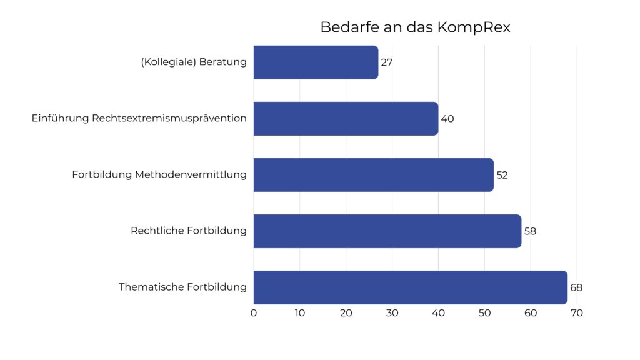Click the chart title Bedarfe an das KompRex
(x=415, y=27)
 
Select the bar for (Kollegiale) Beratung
(x=316, y=62)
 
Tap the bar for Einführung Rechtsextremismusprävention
(x=346, y=119)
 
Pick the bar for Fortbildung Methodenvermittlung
(x=373, y=175)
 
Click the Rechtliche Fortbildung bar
(x=387, y=231)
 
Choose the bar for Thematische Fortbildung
(x=410, y=287)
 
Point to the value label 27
(x=386, y=62)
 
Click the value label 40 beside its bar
(x=447, y=119)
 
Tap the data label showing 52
(x=502, y=175)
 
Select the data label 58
(x=530, y=231)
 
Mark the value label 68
(x=576, y=287)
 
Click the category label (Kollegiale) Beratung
(x=194, y=62)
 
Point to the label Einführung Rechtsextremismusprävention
(x=139, y=118)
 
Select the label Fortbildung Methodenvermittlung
(x=159, y=174)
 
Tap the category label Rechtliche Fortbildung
(x=189, y=231)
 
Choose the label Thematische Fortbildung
(x=182, y=287)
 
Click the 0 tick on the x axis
(x=254, y=313)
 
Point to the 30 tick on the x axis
(x=392, y=313)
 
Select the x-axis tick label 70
(x=576, y=313)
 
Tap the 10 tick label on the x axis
(x=300, y=313)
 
